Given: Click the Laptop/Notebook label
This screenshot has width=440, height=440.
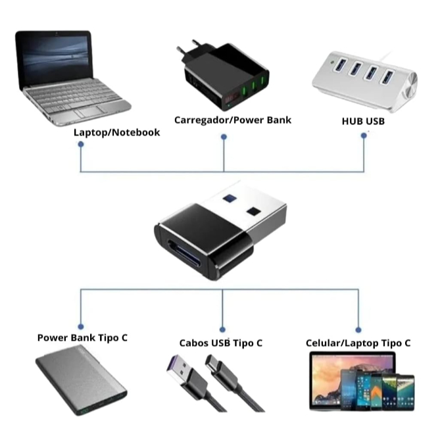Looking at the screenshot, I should point(116,132).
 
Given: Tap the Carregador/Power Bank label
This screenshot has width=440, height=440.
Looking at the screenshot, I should point(232,120).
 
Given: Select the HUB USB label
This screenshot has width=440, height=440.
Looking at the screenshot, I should point(363,121).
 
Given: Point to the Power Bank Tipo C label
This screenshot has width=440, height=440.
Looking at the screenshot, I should point(82,338).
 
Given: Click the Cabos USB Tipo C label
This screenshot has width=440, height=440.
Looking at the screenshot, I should point(221,343).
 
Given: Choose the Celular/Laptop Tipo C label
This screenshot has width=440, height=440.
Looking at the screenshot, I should point(358,343).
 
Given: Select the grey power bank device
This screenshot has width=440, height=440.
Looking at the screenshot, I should point(83,384).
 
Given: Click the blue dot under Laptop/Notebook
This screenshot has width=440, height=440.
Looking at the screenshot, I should point(81,144).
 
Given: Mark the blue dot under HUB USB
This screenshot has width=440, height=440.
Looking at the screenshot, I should point(364,136).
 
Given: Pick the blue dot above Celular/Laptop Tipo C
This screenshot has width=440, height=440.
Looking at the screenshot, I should point(358,329).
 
